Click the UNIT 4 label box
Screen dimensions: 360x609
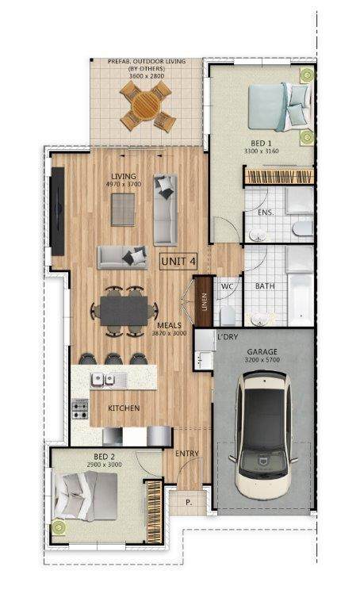click(178, 262)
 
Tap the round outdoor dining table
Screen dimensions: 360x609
click(146, 105)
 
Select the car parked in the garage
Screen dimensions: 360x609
click(264, 435)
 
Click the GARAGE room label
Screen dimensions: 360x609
click(262, 352)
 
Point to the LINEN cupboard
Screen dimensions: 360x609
click(204, 301)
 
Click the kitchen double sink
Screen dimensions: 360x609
click(109, 380)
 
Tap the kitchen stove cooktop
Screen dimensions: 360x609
click(80, 409)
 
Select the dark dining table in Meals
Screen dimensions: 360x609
click(124, 311)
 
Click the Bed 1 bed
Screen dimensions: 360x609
click(280, 107)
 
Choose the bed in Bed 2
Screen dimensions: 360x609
click(86, 496)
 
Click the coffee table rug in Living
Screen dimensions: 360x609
click(123, 209)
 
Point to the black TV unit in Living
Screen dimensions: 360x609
click(58, 211)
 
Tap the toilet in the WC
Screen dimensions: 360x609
click(228, 316)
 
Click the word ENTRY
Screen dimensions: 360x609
click(187, 454)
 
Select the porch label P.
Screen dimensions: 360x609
click(190, 502)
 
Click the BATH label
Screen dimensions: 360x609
click(265, 285)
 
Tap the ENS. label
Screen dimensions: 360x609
click(266, 213)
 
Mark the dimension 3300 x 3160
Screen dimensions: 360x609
click(262, 151)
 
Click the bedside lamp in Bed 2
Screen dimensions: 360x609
click(59, 527)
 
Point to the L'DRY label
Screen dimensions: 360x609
click(228, 337)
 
